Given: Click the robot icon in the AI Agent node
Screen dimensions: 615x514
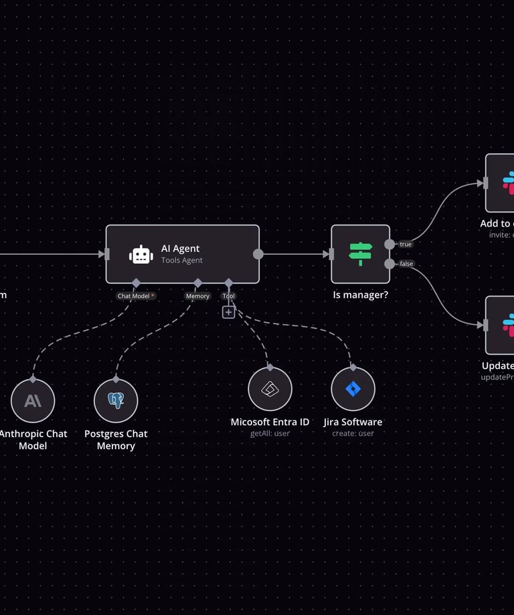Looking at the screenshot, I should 141,255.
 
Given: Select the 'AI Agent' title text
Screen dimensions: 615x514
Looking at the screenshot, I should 181,249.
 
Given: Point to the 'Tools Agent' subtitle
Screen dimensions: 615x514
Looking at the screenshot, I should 182,261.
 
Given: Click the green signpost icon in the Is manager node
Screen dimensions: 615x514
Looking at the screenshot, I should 360,254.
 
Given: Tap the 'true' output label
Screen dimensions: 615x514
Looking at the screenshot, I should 406,245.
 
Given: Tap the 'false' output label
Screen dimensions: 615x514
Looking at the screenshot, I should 406,264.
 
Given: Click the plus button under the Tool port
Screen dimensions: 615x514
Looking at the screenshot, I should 228,312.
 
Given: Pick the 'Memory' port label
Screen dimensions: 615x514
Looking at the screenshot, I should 197,296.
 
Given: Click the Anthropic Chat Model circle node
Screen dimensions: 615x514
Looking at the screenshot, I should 33,400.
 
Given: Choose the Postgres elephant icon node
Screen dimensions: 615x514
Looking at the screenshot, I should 116,400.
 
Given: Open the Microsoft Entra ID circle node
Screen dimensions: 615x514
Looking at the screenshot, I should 270,389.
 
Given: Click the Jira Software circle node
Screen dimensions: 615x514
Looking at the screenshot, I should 353,389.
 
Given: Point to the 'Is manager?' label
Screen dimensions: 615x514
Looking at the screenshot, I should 360,295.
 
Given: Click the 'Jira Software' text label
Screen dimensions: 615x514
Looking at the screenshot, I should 353,422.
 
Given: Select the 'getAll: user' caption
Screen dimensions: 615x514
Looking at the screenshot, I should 270,434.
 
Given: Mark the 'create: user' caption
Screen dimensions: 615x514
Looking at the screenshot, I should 353,434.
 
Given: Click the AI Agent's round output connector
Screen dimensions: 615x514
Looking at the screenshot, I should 258,254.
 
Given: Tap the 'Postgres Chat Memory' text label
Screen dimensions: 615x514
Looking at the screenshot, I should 116,440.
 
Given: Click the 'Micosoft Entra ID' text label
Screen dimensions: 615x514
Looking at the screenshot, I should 270,422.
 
